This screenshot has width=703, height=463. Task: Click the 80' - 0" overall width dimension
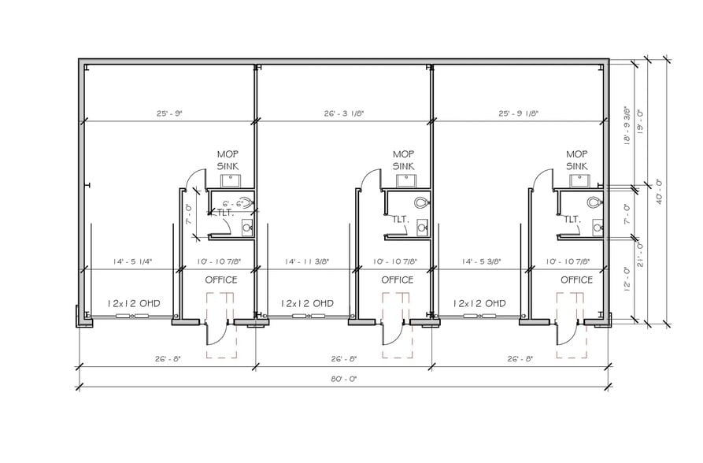coord(344,379)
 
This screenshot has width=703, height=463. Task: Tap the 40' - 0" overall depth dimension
coord(660,192)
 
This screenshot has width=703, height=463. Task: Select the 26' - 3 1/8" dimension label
coord(344,113)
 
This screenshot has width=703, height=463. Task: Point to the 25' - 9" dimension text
coord(169,113)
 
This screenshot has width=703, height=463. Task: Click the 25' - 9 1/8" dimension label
coord(518,113)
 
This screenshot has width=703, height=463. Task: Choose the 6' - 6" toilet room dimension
coord(233,204)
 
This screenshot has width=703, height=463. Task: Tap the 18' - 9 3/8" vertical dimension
coord(627,125)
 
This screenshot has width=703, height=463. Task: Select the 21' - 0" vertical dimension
coord(641,254)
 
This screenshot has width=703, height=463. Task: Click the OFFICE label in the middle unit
coord(398,280)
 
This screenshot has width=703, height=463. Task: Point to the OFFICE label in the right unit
coord(576,280)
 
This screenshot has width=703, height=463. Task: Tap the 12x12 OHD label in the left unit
coord(134,303)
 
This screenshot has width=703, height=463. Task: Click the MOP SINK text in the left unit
coord(228,160)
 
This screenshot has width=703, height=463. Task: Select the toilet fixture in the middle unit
coord(422,203)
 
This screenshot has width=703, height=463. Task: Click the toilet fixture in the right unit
coord(594,203)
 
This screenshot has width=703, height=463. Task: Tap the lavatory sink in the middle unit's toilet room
coord(422,228)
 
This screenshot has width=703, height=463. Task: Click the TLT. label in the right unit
coord(572,220)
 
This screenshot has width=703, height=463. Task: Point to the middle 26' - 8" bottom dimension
coord(344,358)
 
